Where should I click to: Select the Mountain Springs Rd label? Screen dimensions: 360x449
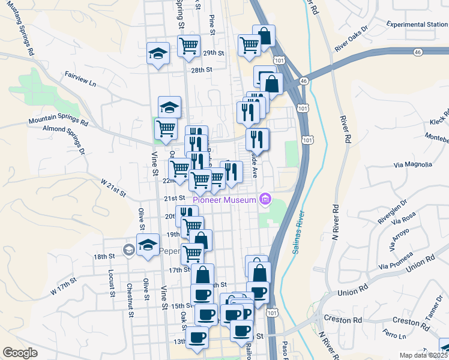tap(58, 121)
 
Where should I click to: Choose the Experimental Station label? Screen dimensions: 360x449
tap(417, 25)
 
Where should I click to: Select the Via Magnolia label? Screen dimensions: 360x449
tap(412, 164)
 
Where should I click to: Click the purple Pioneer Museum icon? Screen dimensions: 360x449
tap(265, 199)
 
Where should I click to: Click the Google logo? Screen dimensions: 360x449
tap(20, 353)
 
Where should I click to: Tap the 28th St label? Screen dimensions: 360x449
tap(202, 70)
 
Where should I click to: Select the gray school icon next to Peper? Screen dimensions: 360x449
tap(128, 250)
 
